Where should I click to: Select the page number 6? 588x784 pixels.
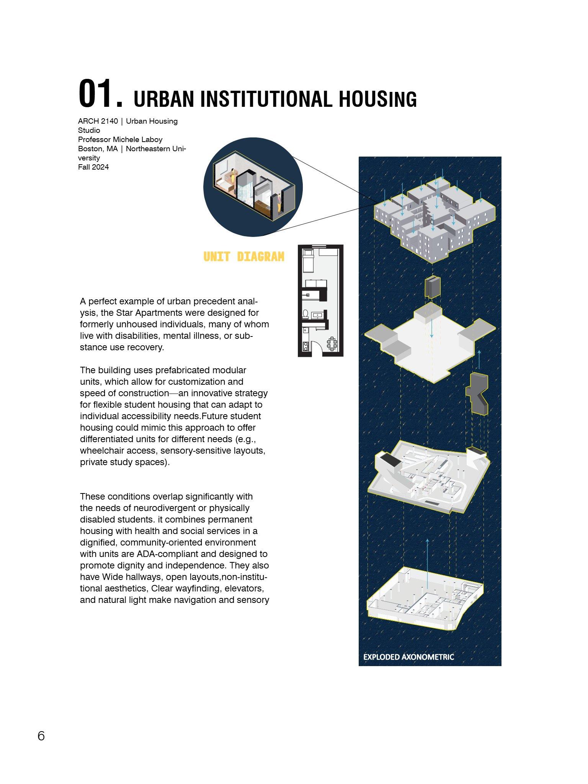(x=41, y=736)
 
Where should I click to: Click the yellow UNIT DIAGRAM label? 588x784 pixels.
(x=244, y=256)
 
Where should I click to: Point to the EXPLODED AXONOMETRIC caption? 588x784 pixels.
(x=408, y=657)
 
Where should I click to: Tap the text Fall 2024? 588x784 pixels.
(x=93, y=167)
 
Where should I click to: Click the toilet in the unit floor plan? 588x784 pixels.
(x=306, y=314)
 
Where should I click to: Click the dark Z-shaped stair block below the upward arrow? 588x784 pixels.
(x=477, y=393)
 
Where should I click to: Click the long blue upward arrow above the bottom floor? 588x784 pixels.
(x=427, y=563)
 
